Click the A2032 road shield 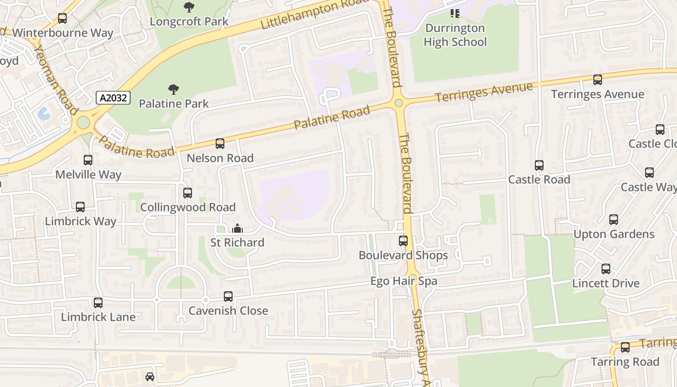[x=114, y=98]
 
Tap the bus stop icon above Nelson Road [x=220, y=144]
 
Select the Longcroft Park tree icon [x=189, y=7]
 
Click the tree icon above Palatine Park [x=174, y=89]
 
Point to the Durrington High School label [x=455, y=35]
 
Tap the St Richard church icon [x=237, y=228]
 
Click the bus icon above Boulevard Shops [x=403, y=240]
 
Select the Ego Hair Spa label [x=404, y=281]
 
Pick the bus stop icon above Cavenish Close [x=228, y=297]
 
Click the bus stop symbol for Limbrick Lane [x=98, y=303]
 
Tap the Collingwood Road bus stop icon [x=188, y=193]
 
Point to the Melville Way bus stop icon [x=88, y=160]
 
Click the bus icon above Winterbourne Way [x=62, y=19]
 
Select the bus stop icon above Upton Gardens [x=614, y=220]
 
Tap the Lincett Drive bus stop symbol [x=606, y=269]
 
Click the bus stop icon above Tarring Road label [x=625, y=347]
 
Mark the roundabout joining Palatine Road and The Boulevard [x=398, y=103]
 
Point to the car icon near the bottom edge [x=150, y=376]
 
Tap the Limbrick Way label [x=80, y=222]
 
